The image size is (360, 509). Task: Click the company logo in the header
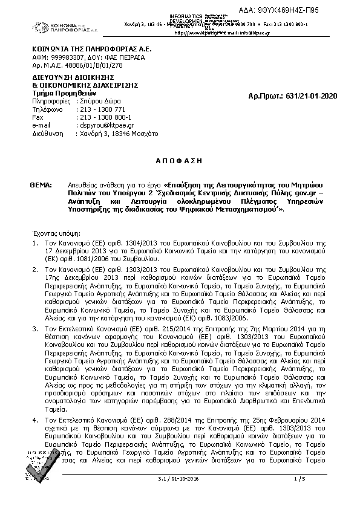point(61,27)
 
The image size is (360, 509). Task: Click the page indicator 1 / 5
point(299,479)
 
